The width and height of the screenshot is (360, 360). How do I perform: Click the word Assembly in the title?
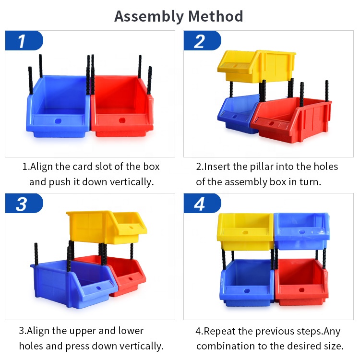pos(149,16)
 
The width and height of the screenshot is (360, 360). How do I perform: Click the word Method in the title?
pos(216,16)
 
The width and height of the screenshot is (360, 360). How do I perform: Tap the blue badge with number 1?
pos(24,40)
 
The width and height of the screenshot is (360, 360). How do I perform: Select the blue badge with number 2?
pos(202,40)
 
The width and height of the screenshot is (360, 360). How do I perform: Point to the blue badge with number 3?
pos(24,203)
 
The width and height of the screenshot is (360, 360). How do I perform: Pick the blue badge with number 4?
pos(202,203)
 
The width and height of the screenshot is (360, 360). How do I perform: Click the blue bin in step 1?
pos(59,106)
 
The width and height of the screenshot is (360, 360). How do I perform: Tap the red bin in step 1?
pos(122,106)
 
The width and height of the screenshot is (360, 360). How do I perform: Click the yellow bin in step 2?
pos(256,66)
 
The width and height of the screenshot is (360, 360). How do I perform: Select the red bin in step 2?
pos(291,120)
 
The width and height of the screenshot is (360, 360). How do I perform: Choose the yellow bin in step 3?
pos(107,227)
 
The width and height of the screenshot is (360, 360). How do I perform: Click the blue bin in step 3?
pos(73,284)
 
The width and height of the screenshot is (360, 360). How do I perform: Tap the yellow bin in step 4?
pos(245,231)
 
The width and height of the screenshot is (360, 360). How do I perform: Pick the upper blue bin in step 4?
pos(302,231)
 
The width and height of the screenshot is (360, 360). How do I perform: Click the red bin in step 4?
pos(301,282)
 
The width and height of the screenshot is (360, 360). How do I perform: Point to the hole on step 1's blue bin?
pos(58,121)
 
